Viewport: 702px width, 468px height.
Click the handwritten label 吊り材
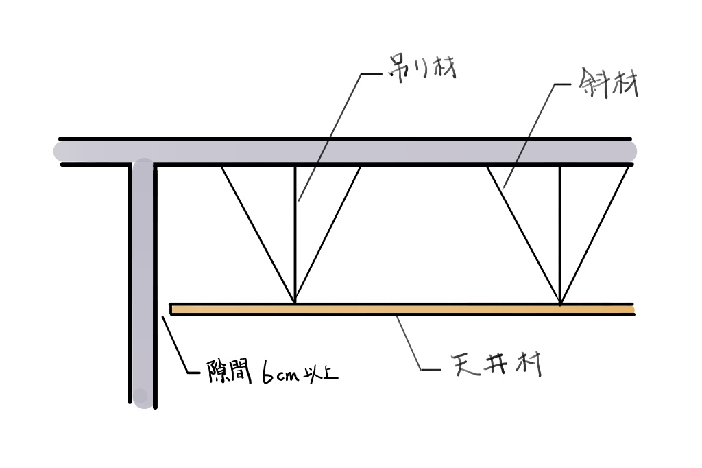(422, 69)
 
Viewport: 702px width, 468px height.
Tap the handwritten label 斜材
(607, 84)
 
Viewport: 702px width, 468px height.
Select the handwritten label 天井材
(496, 364)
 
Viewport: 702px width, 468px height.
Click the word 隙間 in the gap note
(229, 372)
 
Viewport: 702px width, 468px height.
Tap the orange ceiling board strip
(402, 309)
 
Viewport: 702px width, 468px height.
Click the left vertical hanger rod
(295, 233)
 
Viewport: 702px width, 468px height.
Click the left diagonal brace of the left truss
(258, 233)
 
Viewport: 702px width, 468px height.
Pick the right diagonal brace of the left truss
(328, 233)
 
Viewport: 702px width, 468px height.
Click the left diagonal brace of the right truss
(523, 235)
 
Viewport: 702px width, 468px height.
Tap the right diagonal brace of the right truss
(594, 235)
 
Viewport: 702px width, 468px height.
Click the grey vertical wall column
(144, 283)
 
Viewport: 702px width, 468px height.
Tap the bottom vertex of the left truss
(295, 302)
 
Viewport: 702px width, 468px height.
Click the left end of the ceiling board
(171, 309)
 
